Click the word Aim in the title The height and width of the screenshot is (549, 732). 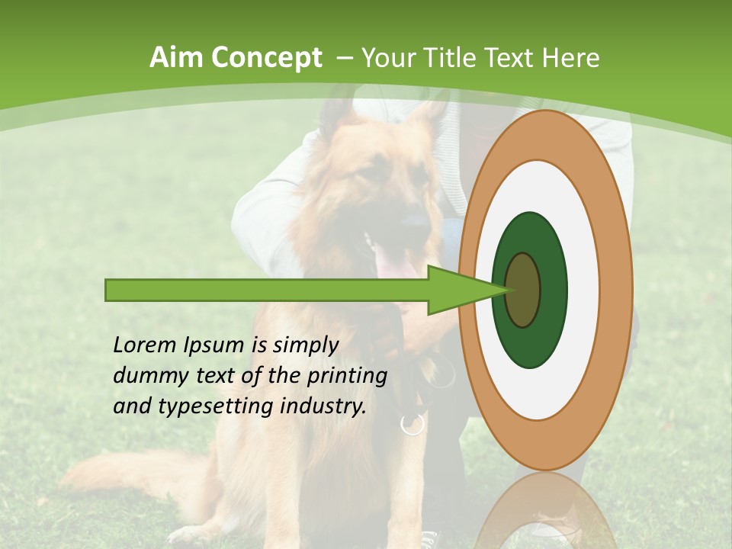[177, 58]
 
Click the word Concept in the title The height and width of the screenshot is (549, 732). [266, 58]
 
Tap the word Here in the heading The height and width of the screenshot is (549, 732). [570, 58]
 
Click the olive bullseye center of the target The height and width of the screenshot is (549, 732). [523, 290]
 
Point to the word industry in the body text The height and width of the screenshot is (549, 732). [323, 406]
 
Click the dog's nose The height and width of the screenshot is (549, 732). [415, 223]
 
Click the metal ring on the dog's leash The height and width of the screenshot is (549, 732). [413, 424]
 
